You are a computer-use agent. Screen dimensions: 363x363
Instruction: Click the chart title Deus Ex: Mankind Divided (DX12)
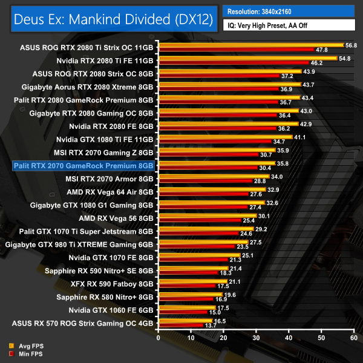click(112, 19)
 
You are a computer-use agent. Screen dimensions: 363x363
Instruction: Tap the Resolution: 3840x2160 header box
click(289, 11)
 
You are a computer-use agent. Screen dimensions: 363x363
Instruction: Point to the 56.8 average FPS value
click(352, 45)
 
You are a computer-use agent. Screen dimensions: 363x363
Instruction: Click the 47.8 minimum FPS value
click(322, 50)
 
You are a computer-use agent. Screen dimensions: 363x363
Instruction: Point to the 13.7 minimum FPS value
click(210, 325)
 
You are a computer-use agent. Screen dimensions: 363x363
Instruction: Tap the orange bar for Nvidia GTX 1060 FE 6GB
click(187, 308)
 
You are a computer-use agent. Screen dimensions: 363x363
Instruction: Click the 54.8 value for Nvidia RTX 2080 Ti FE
click(345, 58)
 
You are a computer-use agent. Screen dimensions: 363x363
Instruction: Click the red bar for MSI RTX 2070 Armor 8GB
click(205, 181)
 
